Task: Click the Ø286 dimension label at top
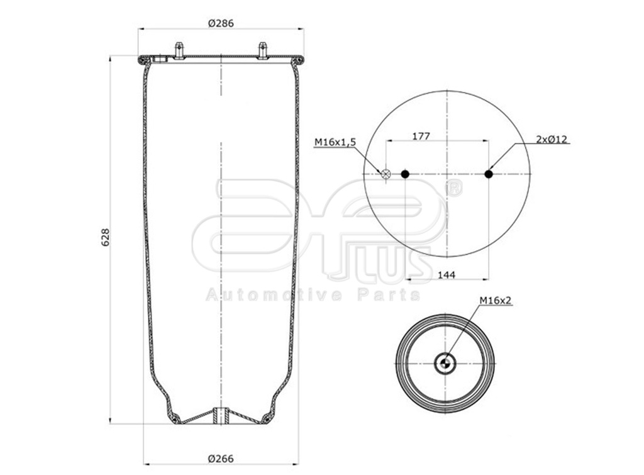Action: coord(221,23)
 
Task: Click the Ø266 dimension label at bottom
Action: coord(221,458)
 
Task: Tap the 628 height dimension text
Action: coord(106,237)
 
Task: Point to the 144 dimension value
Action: coord(447,274)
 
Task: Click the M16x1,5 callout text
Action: coord(335,143)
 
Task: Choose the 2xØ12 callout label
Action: coord(552,139)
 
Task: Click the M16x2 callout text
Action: coord(496,301)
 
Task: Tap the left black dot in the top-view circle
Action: coord(405,174)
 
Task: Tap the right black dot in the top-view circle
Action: coord(489,174)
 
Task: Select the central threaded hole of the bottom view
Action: coord(445,363)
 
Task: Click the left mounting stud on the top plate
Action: coord(179,50)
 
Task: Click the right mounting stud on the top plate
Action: coord(263,50)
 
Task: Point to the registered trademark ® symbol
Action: coord(453,187)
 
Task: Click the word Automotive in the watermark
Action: coord(274,295)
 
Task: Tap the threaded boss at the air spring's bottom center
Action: coord(221,416)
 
